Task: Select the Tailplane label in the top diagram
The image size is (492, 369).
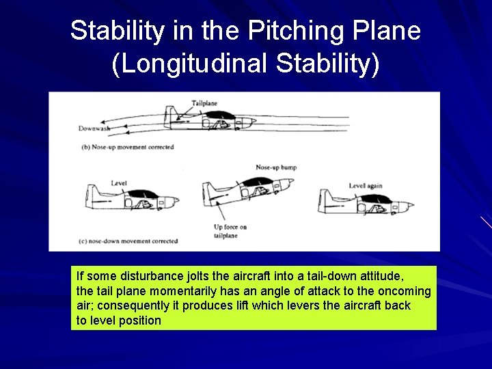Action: coord(204,103)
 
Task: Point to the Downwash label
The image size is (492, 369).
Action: coord(94,128)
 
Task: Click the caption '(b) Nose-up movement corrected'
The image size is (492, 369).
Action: coord(128,147)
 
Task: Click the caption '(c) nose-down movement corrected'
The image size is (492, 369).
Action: coord(129,241)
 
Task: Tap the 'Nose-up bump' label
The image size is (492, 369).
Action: coord(276,167)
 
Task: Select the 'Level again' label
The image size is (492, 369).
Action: coord(366,185)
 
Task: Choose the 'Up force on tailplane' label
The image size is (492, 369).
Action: coord(230,231)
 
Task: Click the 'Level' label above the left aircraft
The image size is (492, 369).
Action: coord(119,183)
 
